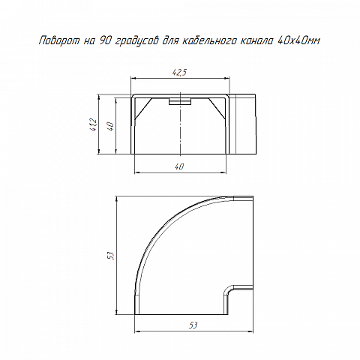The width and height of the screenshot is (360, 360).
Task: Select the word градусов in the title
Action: tap(137, 41)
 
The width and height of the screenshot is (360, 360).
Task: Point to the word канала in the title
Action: tap(256, 40)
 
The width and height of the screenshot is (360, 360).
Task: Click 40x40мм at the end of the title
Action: tap(299, 40)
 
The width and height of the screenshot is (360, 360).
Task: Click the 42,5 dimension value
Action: tap(179, 73)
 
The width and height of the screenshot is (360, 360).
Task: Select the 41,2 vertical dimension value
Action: tap(93, 125)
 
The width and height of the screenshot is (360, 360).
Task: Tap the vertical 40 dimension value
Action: tap(111, 125)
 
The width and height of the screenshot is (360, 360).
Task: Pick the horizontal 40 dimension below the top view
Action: tap(180, 166)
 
